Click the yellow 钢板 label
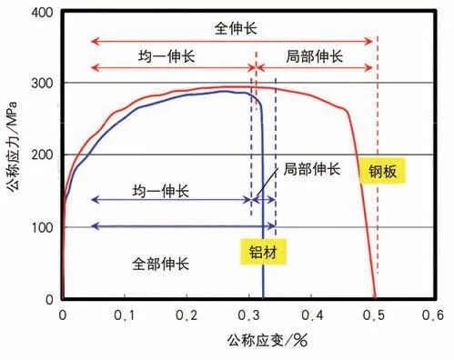point(383,170)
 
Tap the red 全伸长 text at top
point(233,28)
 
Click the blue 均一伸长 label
point(161,191)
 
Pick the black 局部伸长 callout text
point(311,169)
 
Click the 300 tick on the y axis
point(40,84)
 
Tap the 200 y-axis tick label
point(40,155)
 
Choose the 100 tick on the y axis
point(40,227)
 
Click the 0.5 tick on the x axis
point(374,315)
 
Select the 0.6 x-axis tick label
point(436,315)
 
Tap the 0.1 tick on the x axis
point(125,315)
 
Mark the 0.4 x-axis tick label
point(312,315)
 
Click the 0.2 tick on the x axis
point(187,315)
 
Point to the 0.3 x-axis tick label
point(249,315)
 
